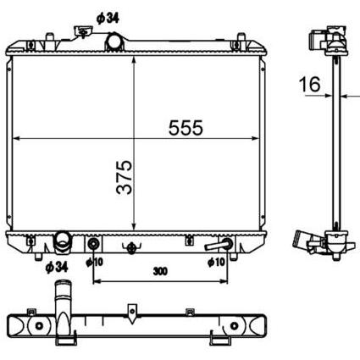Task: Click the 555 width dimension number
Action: pyautogui.click(x=186, y=128)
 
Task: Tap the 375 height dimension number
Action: pyautogui.click(x=124, y=177)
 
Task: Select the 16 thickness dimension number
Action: pyautogui.click(x=310, y=84)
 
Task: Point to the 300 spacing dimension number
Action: pyautogui.click(x=160, y=271)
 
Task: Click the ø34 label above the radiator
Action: pyautogui.click(x=108, y=19)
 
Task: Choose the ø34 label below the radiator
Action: pyautogui.click(x=57, y=267)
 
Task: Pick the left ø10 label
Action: pyautogui.click(x=95, y=262)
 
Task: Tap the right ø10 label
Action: pyautogui.click(x=216, y=263)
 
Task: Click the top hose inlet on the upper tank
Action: pyautogui.click(x=115, y=42)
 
